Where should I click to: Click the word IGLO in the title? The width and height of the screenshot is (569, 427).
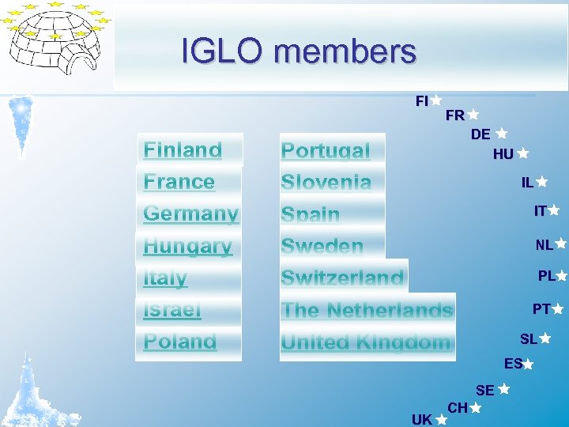pos(224,51)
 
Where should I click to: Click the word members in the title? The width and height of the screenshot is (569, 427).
pos(345,51)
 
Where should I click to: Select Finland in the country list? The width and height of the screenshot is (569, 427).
pos(183,149)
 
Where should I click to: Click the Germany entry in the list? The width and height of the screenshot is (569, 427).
pos(190,213)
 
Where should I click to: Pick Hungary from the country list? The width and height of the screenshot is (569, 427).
pos(188,246)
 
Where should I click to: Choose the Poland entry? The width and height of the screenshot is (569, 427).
pos(180,342)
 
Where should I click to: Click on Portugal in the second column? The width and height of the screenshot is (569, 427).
pos(326,150)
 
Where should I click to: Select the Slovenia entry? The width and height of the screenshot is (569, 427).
pos(326,182)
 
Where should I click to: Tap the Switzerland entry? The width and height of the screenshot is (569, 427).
pos(342,278)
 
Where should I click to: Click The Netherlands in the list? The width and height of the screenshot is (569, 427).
pos(367,310)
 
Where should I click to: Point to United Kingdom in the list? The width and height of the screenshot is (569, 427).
pos(366,342)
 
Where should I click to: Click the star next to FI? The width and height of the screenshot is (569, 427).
pos(436,100)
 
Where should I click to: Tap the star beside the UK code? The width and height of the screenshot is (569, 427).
pos(441,421)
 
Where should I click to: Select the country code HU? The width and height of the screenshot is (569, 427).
pos(503,154)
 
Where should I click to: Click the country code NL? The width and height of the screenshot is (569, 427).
pos(544,245)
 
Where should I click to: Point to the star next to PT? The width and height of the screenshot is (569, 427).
pos(558,308)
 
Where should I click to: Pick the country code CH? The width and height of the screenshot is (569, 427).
pos(458,408)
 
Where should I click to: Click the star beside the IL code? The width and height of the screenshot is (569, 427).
pos(542,182)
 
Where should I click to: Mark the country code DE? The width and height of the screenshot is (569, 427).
pos(480,134)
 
